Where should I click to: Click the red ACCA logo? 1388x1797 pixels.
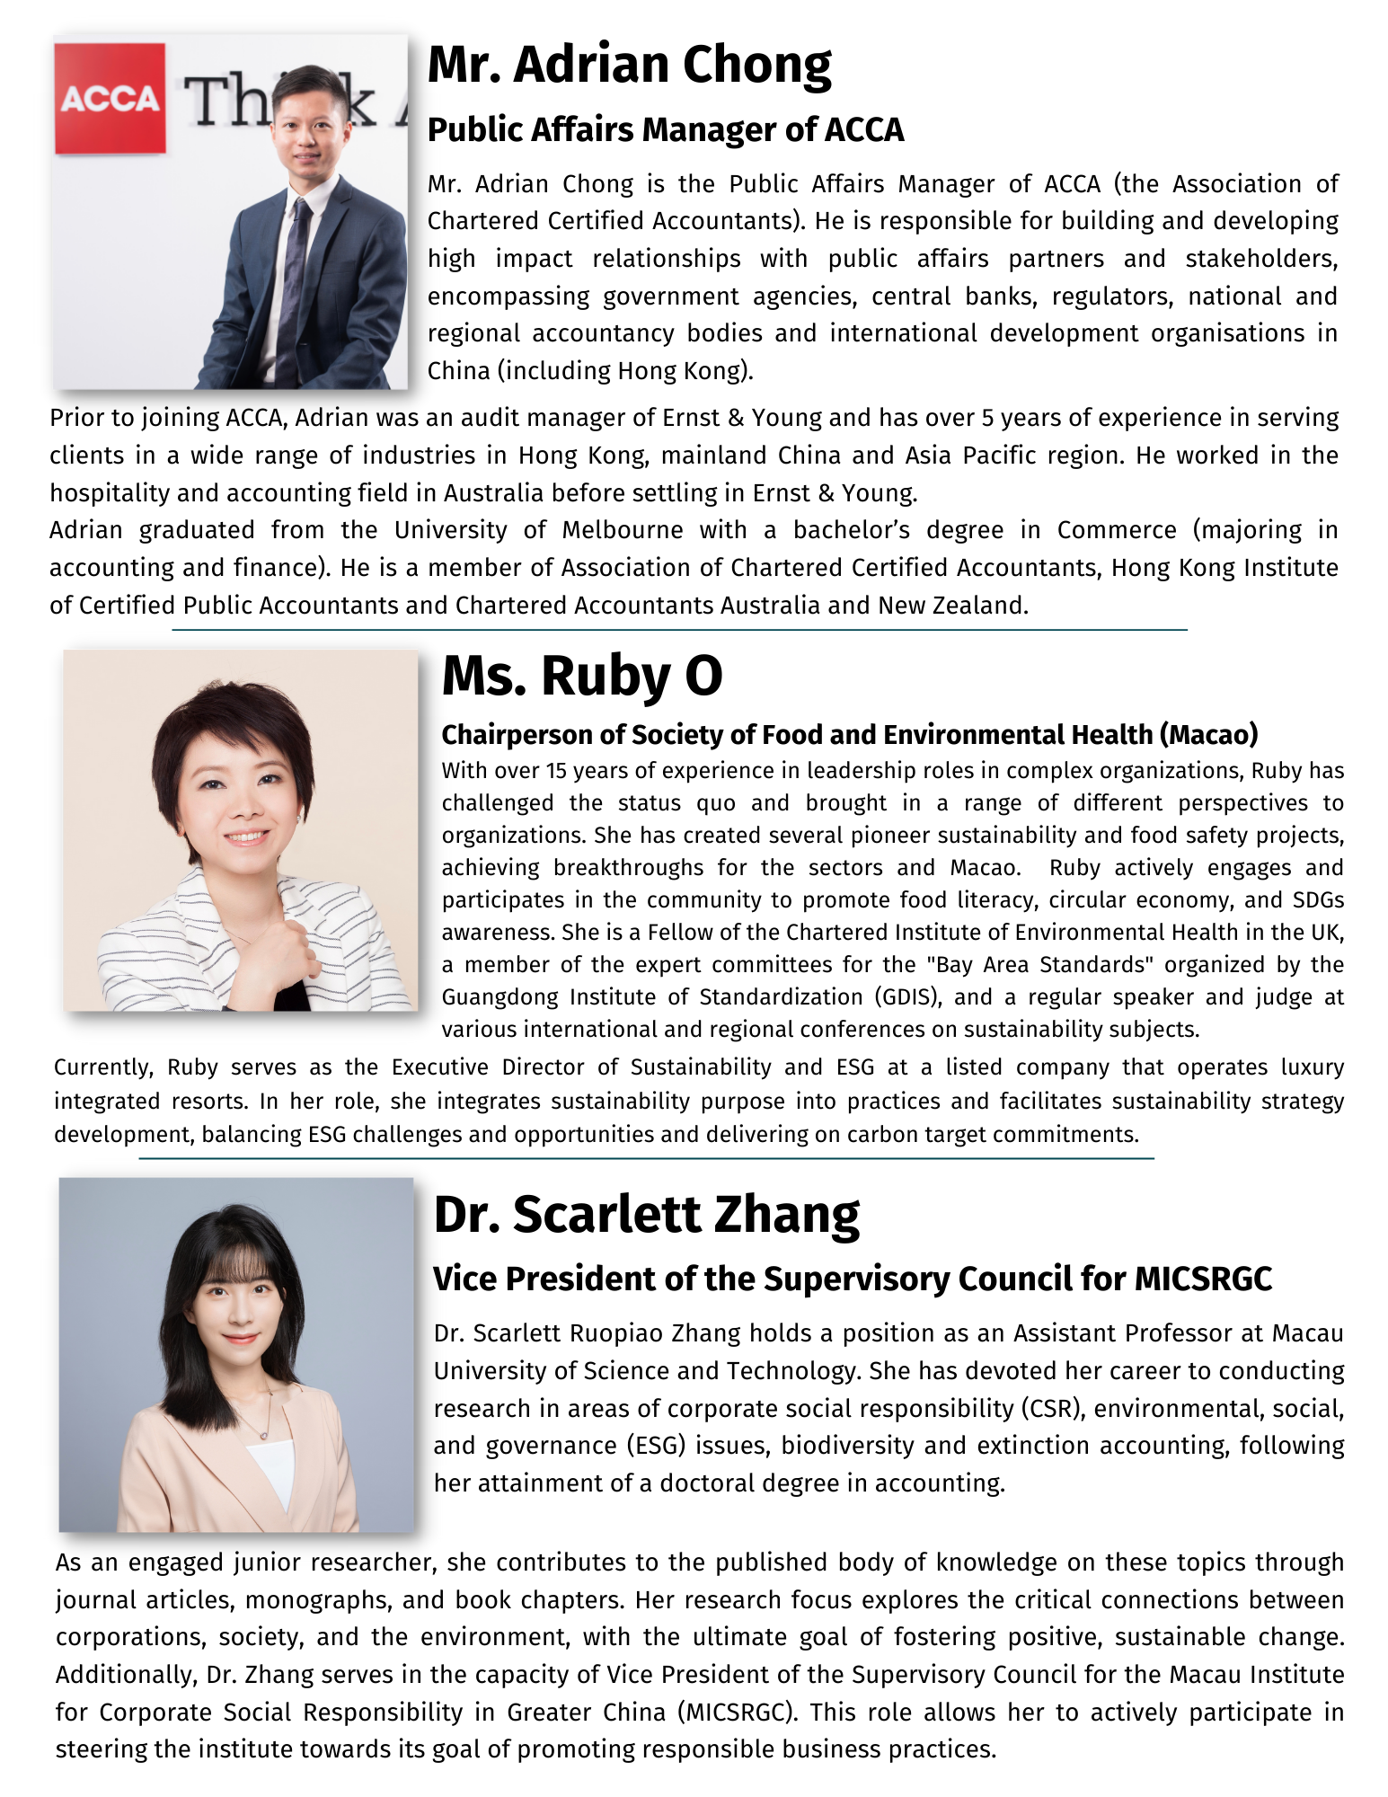110,98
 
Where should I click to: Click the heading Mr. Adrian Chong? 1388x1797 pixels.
629,65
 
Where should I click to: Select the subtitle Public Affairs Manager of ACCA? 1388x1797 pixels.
665,130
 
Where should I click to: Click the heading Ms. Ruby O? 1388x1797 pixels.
581,676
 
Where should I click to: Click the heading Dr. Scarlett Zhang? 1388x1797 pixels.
646,1215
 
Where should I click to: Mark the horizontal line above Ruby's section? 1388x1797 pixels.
679,630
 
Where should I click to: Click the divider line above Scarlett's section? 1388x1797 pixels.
646,1158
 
